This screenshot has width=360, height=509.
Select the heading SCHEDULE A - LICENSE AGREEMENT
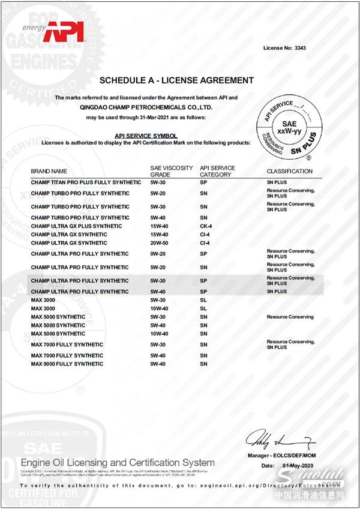click(x=176, y=80)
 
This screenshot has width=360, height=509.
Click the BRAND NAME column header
click(x=49, y=172)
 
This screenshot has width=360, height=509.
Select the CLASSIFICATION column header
click(x=290, y=172)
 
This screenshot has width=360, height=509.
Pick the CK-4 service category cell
click(x=206, y=226)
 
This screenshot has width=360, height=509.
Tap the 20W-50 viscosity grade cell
click(x=159, y=243)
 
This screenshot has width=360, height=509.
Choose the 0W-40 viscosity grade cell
click(x=159, y=364)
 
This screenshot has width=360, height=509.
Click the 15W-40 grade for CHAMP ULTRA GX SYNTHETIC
click(x=159, y=235)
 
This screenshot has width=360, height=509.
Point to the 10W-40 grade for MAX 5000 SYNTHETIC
click(x=159, y=334)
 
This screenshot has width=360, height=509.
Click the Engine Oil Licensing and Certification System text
click(x=118, y=463)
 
